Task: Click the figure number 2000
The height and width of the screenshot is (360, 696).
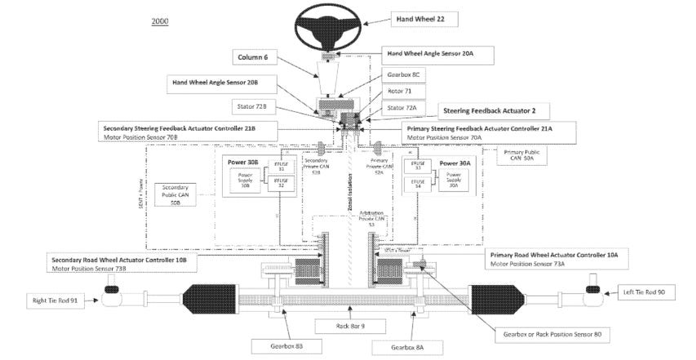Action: (159, 20)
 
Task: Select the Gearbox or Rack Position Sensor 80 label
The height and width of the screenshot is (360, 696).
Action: (551, 334)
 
